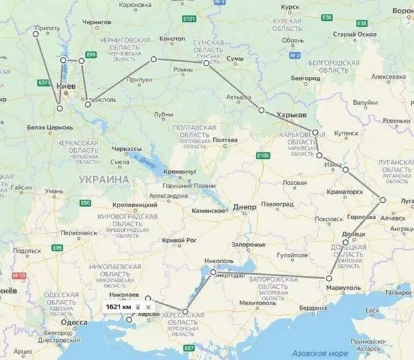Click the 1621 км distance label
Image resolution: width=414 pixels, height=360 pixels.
click(117, 307)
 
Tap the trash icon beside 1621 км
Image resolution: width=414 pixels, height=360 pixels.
click(137, 307)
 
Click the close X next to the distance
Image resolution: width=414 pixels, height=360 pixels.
click(148, 307)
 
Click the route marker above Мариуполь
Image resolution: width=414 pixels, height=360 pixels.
click(329, 278)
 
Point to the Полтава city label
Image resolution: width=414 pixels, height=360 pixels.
click(225, 140)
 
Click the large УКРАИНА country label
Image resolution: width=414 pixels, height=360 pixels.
click(103, 180)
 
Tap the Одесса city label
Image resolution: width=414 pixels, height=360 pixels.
click(73, 323)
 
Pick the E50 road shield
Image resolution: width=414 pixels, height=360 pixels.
click(85, 202)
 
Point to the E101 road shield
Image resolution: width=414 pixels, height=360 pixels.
click(190, 19)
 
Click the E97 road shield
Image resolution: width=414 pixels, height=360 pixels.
click(189, 348)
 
